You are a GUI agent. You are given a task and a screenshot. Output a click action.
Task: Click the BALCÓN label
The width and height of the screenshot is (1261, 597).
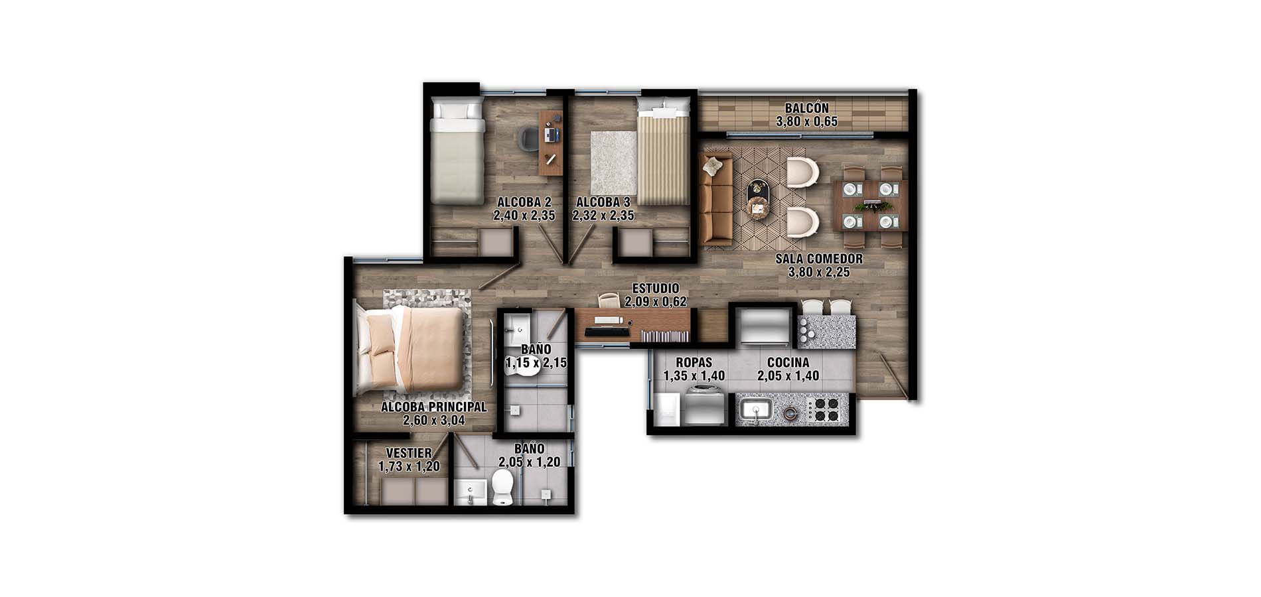click(x=806, y=108)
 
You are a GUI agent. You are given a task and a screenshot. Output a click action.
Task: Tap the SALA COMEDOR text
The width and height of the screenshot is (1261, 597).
click(x=819, y=259)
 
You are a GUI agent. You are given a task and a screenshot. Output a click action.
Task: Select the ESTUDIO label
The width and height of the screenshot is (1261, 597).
click(x=655, y=289)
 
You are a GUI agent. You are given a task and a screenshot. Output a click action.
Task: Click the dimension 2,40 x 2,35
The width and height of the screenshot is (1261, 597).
click(x=524, y=216)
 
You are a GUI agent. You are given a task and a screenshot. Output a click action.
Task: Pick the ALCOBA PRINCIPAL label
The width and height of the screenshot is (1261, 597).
click(x=433, y=407)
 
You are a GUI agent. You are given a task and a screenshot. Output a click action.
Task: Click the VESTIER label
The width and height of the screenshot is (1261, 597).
click(x=409, y=452)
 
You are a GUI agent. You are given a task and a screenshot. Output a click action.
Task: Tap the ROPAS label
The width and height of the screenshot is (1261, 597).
click(x=694, y=362)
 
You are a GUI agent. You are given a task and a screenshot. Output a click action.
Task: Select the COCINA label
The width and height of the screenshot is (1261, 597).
click(x=788, y=362)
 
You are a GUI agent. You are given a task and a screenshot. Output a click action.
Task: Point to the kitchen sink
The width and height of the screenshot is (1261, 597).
click(x=755, y=409)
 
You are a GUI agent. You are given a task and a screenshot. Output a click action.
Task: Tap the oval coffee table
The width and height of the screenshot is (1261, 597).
click(x=759, y=198)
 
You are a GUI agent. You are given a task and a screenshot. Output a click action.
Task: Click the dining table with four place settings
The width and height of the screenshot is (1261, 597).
click(x=870, y=206)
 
